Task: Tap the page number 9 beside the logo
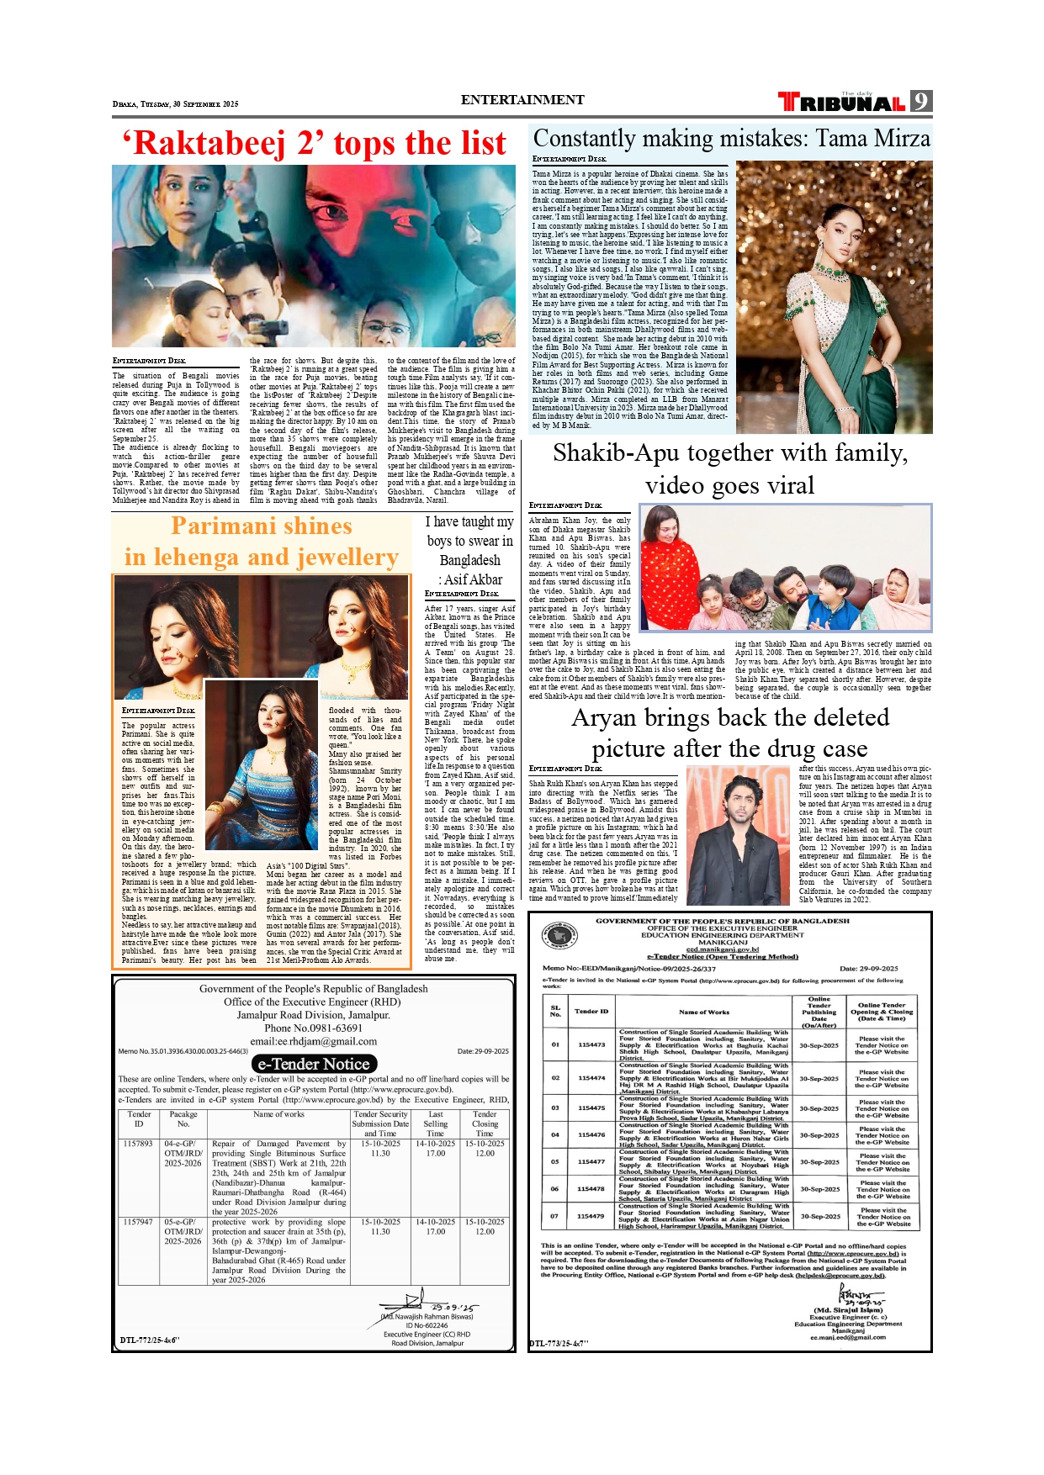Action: [922, 102]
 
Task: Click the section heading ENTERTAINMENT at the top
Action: [522, 100]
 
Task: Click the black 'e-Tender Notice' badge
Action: [313, 1064]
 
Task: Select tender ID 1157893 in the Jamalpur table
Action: [138, 1144]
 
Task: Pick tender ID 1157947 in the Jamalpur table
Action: [138, 1222]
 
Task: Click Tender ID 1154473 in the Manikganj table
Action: [591, 1044]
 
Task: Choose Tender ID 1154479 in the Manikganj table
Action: [591, 1216]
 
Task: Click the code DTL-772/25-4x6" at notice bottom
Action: [150, 1340]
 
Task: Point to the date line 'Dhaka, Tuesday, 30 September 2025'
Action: [175, 104]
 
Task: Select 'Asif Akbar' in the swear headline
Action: [472, 579]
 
